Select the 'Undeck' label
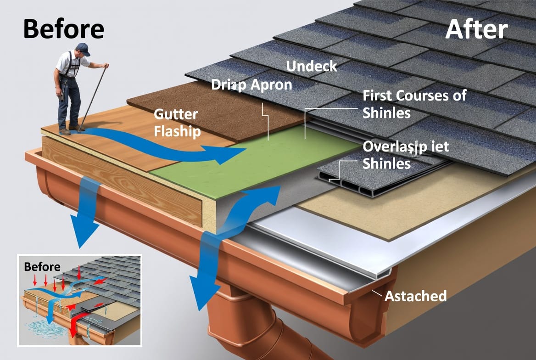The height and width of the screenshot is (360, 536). click(312, 66)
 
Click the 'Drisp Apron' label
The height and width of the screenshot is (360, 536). click(251, 85)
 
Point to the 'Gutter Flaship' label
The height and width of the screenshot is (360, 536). click(177, 123)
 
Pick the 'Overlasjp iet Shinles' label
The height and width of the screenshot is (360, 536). click(406, 155)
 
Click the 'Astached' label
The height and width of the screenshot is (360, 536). click(415, 296)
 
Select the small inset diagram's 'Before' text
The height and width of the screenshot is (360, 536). click(42, 267)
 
